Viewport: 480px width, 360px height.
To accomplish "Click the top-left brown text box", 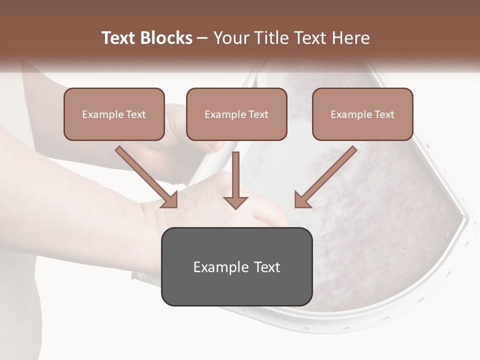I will click(114, 114).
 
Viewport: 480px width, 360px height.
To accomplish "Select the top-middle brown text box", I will click(236, 114).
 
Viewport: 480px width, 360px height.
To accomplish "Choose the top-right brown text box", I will click(362, 114).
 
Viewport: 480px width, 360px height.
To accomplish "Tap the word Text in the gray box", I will click(266, 267).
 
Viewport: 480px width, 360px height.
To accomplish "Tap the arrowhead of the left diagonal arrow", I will click(169, 199).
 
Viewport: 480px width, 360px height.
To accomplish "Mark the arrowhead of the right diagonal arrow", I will click(302, 199).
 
